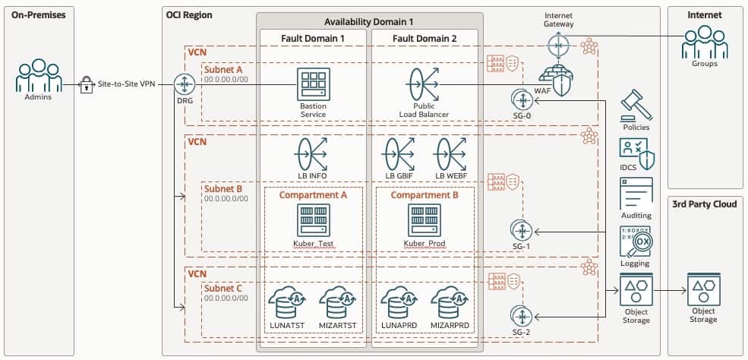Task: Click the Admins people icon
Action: click(x=38, y=77)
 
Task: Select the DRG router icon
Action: click(x=184, y=84)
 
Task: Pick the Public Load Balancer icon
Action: click(x=424, y=85)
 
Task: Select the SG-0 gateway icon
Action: click(x=521, y=100)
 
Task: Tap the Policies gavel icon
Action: click(x=636, y=105)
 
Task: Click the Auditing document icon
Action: click(x=636, y=194)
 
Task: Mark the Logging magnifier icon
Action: click(x=636, y=242)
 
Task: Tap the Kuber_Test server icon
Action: click(x=313, y=219)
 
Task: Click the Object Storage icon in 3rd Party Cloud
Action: click(x=702, y=291)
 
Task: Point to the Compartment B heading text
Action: click(x=424, y=195)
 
